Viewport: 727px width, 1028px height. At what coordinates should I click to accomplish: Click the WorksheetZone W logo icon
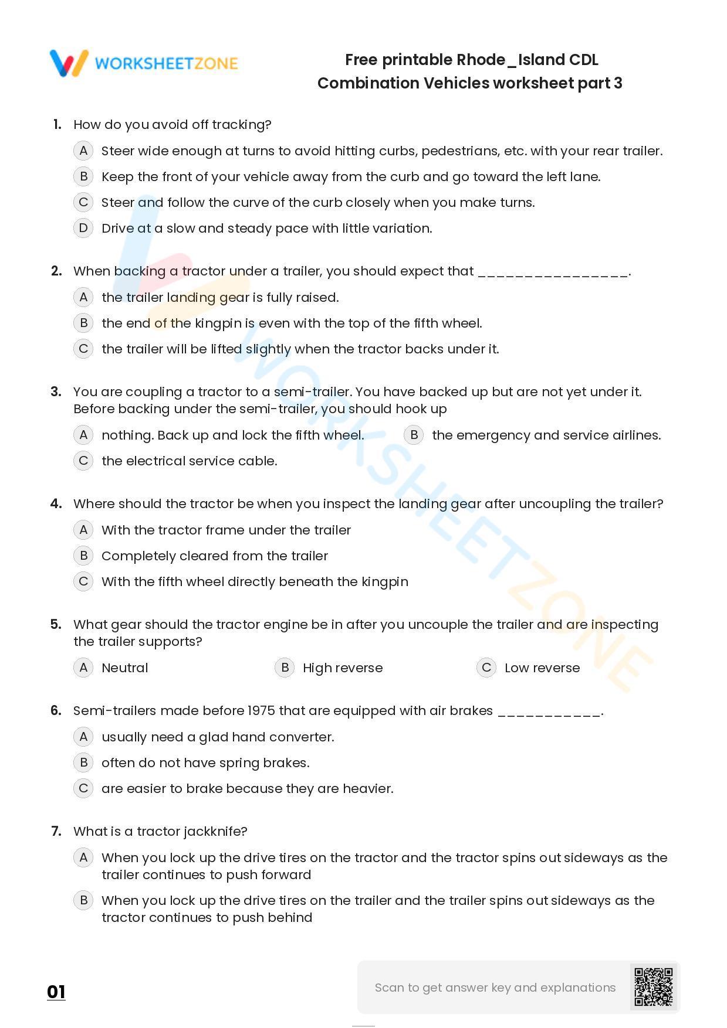(x=69, y=63)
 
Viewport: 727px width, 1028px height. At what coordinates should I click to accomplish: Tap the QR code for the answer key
(x=654, y=987)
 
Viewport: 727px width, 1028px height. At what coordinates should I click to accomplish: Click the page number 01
(x=56, y=992)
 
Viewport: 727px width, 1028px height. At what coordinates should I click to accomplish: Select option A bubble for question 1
(x=83, y=151)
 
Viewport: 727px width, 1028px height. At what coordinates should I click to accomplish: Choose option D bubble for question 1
(x=83, y=228)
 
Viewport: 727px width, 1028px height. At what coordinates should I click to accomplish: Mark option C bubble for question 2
(x=83, y=349)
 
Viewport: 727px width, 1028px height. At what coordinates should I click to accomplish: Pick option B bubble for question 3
(x=414, y=435)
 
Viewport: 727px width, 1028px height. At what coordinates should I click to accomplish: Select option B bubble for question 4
(x=83, y=556)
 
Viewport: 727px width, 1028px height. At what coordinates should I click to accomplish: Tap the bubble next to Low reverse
(x=486, y=668)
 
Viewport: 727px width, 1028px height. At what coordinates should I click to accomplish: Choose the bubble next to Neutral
(x=83, y=668)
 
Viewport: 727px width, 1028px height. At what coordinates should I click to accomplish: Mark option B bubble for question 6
(x=83, y=763)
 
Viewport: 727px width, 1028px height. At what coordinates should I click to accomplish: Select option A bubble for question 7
(x=83, y=857)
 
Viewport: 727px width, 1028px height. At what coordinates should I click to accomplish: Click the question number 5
(x=56, y=624)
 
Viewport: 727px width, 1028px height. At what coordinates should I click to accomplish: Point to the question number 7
(x=56, y=831)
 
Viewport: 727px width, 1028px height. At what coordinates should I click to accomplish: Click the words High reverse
(x=343, y=668)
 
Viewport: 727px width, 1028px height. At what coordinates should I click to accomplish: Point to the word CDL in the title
(x=583, y=60)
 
